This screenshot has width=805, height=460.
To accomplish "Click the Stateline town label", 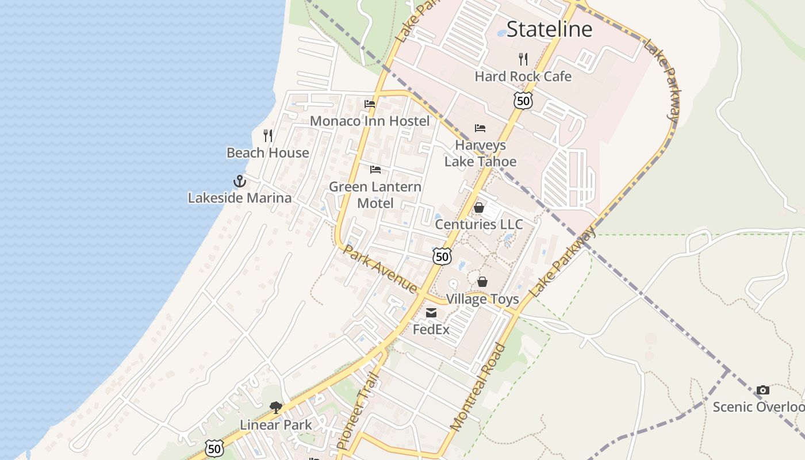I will point(549,29).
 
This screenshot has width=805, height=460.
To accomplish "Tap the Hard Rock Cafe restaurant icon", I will point(523,59).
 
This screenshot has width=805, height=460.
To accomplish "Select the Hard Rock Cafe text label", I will point(523,76).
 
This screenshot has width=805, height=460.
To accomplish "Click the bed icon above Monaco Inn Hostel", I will point(370,104).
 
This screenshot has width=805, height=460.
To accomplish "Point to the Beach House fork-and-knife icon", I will point(268,136).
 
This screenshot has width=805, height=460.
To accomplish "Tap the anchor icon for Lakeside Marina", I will point(240,181).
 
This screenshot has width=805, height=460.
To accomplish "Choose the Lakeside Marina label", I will point(240,198).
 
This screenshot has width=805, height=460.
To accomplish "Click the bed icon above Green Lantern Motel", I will point(375,170).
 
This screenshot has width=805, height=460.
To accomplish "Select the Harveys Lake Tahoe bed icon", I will point(480,128).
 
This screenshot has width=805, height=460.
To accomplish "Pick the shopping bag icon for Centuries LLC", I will point(479,208).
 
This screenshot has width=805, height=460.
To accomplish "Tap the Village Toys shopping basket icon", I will point(482,282).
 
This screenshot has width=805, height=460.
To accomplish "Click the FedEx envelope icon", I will point(431,313).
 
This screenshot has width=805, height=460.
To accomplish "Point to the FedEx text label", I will point(431,330).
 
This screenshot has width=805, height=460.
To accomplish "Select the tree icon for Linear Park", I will point(276,408).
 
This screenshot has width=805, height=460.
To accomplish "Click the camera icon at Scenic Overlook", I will point(763,390).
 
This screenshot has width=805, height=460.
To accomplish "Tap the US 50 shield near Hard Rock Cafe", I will point(523,101).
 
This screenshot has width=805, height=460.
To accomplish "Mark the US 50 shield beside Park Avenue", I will point(442,256).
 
